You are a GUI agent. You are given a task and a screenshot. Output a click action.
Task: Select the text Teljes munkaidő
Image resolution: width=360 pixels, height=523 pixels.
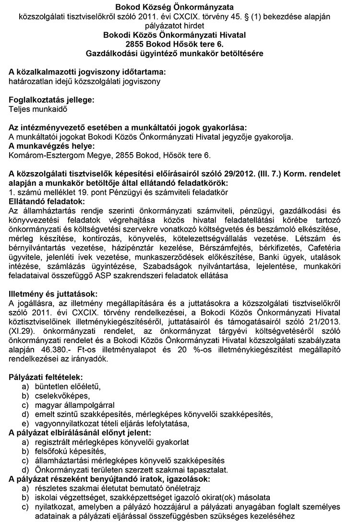click(x=38, y=108)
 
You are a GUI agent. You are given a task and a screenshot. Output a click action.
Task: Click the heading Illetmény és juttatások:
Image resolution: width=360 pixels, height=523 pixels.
click(x=53, y=293)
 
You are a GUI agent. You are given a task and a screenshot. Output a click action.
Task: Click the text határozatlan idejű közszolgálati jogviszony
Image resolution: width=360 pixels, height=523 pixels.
click(x=84, y=81)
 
